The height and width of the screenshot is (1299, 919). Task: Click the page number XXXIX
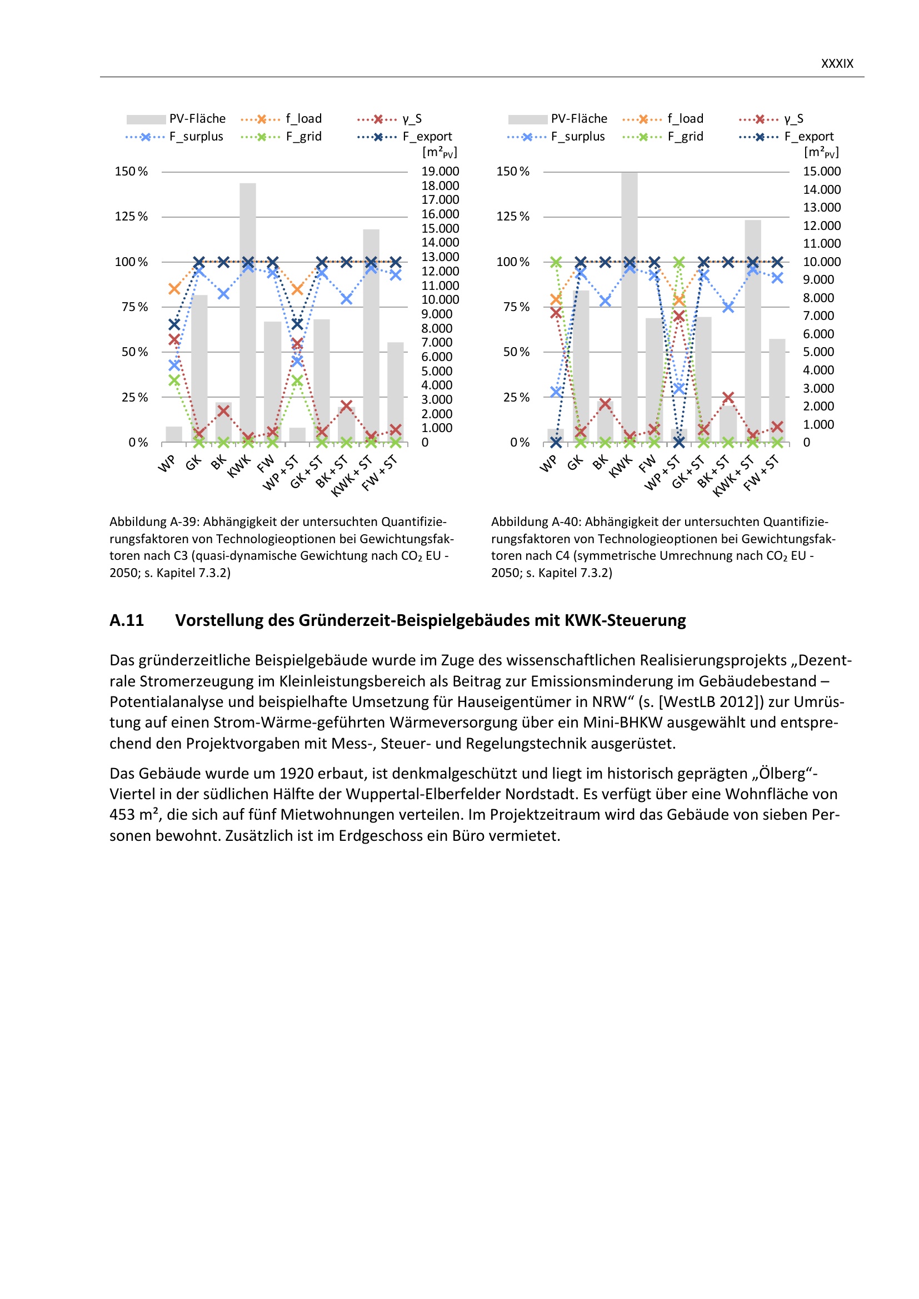tap(836, 63)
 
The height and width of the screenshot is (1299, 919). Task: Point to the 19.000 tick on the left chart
tap(439, 172)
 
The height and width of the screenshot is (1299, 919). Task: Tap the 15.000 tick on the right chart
tap(822, 172)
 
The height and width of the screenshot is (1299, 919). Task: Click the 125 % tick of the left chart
tap(131, 216)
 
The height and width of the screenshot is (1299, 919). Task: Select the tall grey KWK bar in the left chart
tap(248, 311)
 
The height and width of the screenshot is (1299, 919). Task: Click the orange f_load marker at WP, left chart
tap(174, 289)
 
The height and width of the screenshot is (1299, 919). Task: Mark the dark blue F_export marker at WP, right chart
tap(556, 442)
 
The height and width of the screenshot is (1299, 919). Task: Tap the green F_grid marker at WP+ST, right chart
tap(679, 262)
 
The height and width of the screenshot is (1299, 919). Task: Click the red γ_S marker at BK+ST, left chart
tap(346, 405)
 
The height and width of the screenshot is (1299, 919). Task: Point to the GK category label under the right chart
tap(576, 463)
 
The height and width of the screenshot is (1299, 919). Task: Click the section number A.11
tap(127, 621)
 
